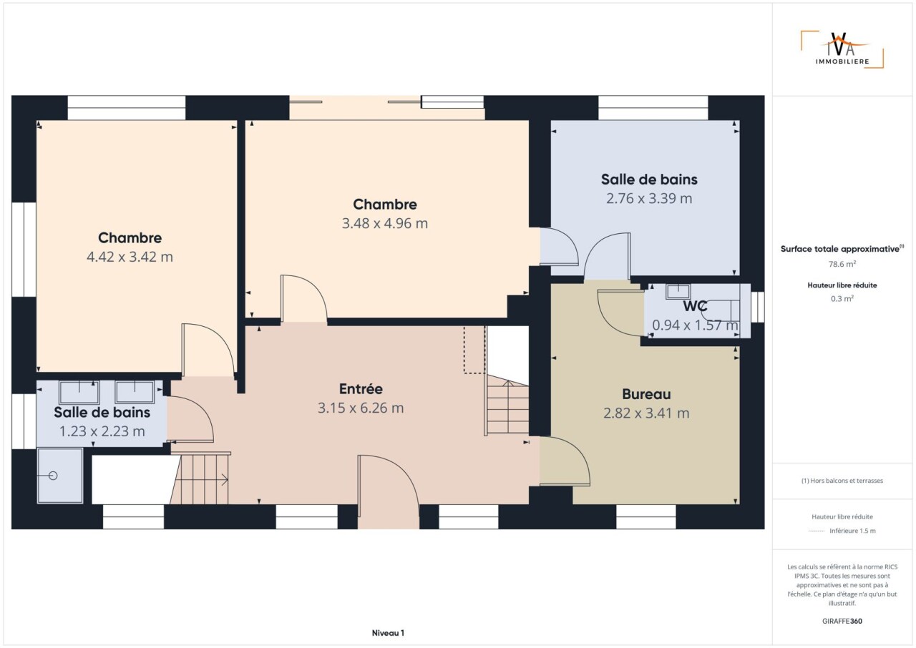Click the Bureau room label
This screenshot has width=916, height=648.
[x=646, y=394]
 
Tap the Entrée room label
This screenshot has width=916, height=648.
[x=361, y=389]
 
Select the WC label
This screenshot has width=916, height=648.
[x=695, y=306]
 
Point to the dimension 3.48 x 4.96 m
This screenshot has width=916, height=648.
[x=385, y=223]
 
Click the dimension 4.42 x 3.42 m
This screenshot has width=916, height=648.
[x=130, y=257]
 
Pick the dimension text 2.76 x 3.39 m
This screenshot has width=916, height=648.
[x=649, y=199]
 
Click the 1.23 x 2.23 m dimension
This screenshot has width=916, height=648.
[x=102, y=431]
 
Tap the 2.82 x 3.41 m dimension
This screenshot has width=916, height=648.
[x=646, y=413]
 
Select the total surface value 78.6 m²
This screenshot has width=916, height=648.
[x=842, y=264]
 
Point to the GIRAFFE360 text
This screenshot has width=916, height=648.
[x=842, y=621]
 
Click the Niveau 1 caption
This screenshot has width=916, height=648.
[x=388, y=633]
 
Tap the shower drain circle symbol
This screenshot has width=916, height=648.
[x=53, y=476]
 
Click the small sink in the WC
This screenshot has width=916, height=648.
[x=678, y=292]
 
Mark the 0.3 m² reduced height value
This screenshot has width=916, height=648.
[x=842, y=299]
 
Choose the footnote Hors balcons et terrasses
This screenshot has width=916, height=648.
[x=842, y=481]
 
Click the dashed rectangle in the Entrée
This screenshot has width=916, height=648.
[x=474, y=350]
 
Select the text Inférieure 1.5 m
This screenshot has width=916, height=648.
[x=852, y=531]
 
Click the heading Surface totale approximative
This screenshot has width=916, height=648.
[x=840, y=249]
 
